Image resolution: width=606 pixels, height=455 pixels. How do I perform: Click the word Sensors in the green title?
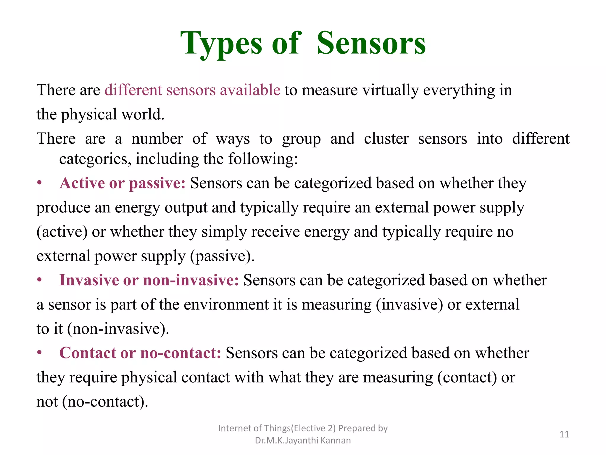371,44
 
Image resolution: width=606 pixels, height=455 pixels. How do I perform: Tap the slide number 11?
564,434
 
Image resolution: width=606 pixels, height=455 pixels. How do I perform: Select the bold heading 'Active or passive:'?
123,183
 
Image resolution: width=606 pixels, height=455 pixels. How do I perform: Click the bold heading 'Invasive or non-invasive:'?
149,280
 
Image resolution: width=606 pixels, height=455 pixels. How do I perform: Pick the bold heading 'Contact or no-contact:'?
140,353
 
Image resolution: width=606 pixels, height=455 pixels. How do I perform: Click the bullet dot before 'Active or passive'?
39,183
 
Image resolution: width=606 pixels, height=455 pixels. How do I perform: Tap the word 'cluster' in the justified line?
386,139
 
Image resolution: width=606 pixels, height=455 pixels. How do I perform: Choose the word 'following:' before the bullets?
263,159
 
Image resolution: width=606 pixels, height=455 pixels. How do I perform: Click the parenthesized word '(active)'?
62,232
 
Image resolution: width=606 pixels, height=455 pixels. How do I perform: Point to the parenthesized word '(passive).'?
222,256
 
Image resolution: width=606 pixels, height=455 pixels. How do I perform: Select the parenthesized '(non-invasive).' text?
118,329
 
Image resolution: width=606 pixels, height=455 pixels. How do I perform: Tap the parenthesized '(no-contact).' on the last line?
105,402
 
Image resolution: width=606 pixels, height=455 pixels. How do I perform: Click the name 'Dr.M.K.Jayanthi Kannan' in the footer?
303,440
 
